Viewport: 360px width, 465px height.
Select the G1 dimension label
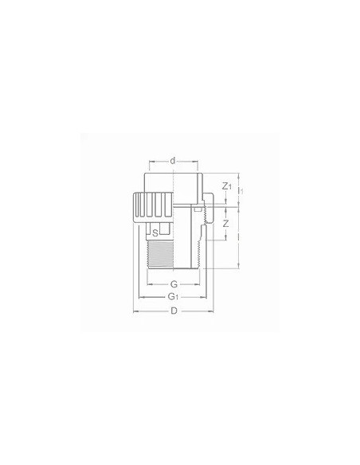[173, 297]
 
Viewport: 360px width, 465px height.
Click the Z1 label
[227, 187]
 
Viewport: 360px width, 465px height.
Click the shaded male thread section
[171, 255]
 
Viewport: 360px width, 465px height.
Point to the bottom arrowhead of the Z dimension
[227, 237]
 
